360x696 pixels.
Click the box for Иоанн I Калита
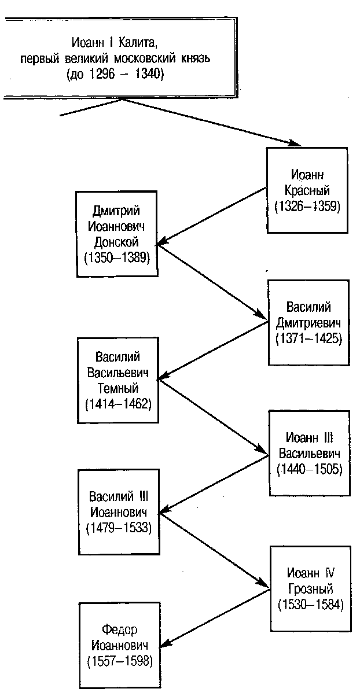(x=122, y=58)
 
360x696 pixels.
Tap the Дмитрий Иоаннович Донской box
(x=117, y=234)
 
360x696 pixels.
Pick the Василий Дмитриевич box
(x=308, y=322)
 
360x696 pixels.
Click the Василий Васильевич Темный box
(x=117, y=380)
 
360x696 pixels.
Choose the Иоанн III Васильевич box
(x=308, y=452)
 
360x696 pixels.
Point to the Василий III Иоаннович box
(x=119, y=512)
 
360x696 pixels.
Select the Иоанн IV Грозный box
(x=310, y=589)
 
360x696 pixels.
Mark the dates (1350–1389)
(x=117, y=258)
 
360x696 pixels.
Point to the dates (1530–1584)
(x=310, y=605)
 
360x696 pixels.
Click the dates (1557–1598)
(x=119, y=660)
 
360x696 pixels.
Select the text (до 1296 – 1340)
(x=123, y=73)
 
